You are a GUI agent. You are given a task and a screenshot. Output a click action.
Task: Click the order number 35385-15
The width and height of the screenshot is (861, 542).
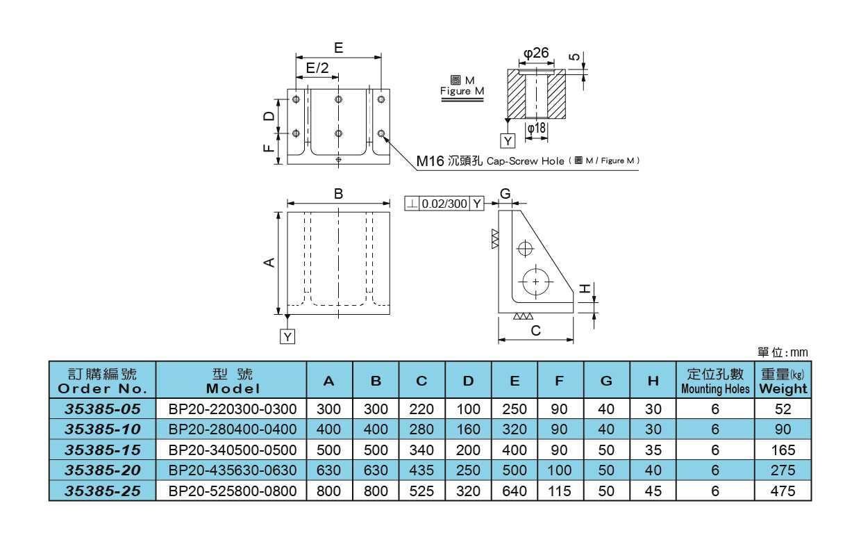pos(102,450)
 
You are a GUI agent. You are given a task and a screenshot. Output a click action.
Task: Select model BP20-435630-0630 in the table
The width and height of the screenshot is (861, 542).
pos(233,470)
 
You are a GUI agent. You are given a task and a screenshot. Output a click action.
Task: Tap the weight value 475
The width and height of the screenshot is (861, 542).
pos(783,491)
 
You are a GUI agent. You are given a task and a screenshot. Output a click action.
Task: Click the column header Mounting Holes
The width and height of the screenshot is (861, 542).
pos(715,381)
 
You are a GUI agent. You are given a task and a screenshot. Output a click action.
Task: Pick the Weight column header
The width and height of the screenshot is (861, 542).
pos(783,381)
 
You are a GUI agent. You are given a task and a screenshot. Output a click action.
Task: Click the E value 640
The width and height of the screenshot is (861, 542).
pos(514,491)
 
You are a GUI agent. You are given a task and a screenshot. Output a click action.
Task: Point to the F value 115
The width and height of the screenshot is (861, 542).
pos(560,491)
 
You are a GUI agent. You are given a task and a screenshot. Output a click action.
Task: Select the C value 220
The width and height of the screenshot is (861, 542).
pos(421,409)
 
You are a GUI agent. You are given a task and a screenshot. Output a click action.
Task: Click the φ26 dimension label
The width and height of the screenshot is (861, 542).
pos(536,53)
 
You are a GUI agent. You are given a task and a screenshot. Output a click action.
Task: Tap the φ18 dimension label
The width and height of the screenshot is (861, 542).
pos(536,129)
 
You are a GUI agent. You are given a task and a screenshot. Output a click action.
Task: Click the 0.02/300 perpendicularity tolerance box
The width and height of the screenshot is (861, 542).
pos(444,204)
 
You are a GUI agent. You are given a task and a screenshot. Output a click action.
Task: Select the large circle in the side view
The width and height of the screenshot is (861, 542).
pos(535,281)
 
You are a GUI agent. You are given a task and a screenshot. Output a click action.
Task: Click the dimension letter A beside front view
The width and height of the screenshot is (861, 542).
pos(270,262)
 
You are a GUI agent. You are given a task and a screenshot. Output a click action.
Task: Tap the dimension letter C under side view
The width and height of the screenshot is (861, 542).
pos(535,331)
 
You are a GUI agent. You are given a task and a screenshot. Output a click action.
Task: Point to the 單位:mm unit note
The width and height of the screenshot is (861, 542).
pos(783,352)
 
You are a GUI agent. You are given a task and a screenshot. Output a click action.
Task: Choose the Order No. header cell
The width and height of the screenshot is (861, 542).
pos(102,381)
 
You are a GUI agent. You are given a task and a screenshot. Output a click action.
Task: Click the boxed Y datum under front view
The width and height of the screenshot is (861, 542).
pos(287,336)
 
